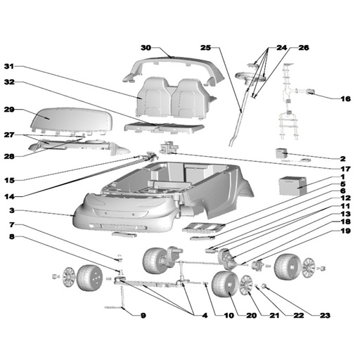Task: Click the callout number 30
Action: tap(146, 48)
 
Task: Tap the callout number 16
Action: tap(345, 99)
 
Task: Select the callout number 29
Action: tap(9, 111)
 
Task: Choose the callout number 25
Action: tap(205, 48)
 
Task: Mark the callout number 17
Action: tap(345, 169)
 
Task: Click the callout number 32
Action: tap(9, 82)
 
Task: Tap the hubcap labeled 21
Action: tap(247, 285)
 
